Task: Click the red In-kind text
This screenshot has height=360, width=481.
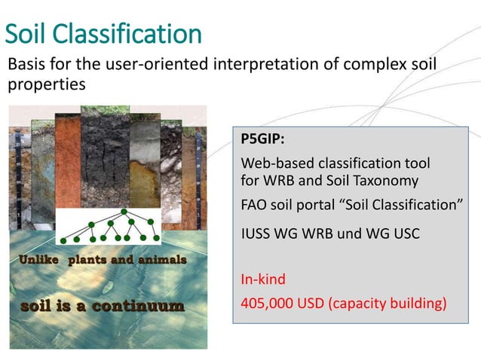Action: coord(263,279)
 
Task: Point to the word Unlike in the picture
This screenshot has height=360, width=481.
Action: coord(37,260)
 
